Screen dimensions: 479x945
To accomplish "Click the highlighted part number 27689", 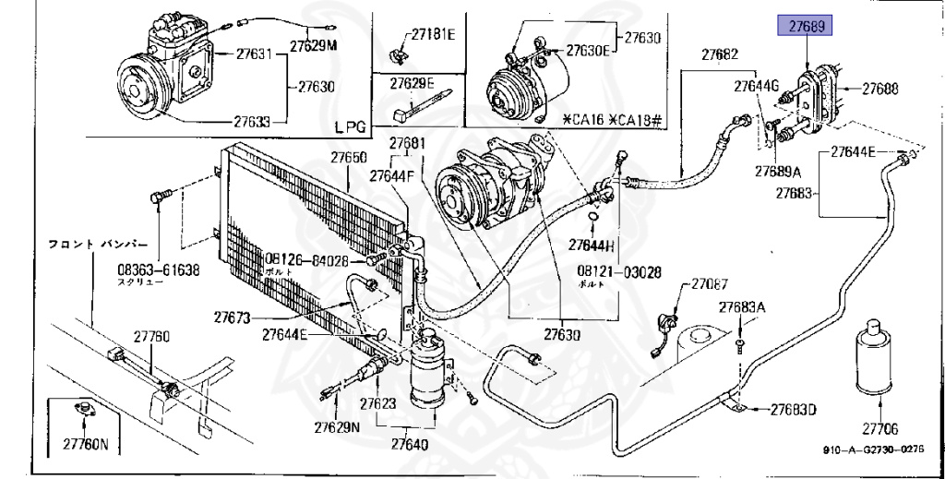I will pos(807,28).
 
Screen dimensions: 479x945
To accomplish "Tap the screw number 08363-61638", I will pos(158,269).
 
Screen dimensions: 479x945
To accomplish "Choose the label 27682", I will pos(719,54).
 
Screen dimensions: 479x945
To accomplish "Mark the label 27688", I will pos(880,90).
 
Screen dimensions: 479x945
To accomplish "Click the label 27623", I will pos(377,403).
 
